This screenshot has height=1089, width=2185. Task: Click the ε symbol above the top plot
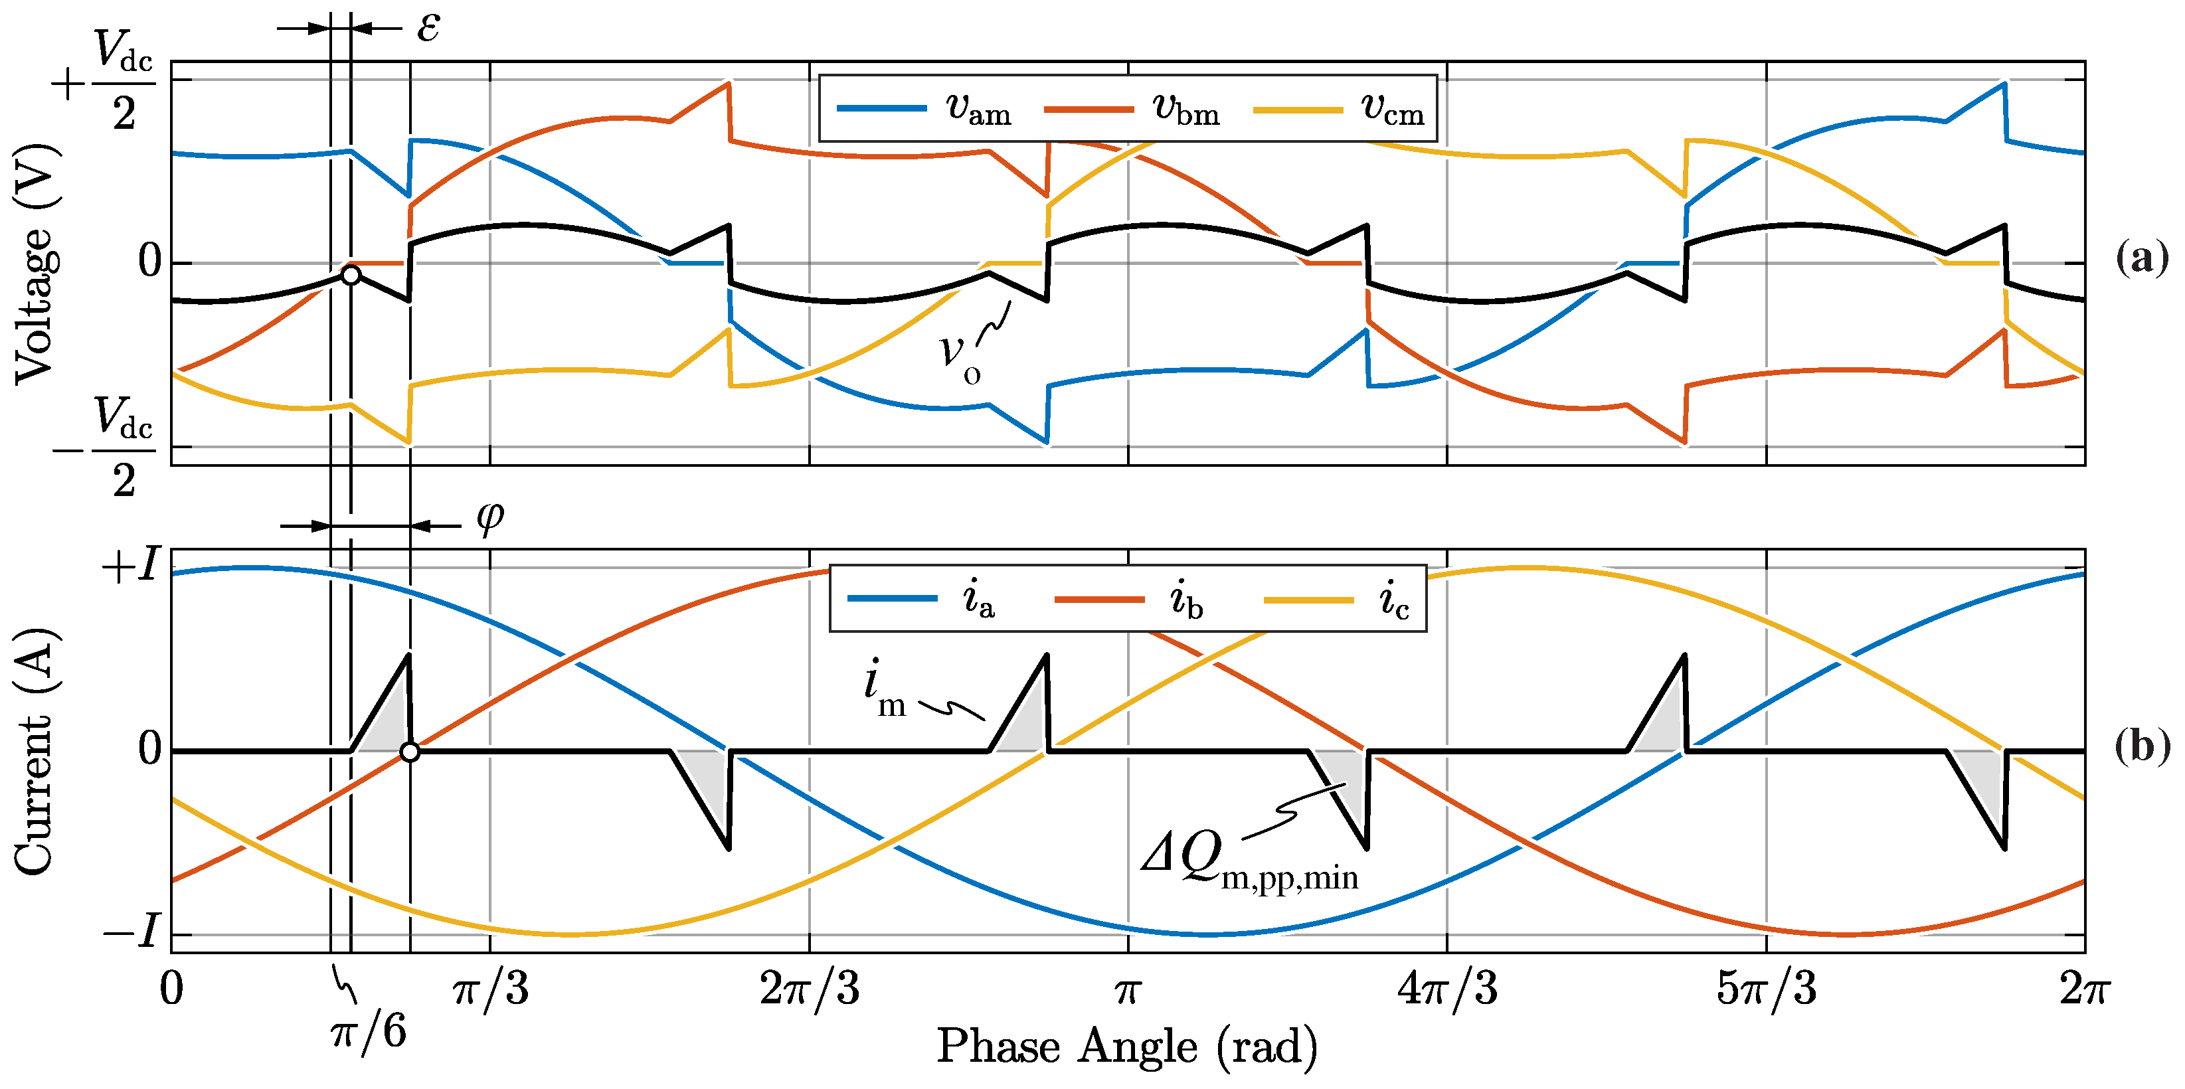coord(428,28)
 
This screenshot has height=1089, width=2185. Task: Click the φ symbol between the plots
coord(489,516)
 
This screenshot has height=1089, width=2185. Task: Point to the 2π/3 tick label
coord(809,989)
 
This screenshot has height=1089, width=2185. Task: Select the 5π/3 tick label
coord(1767,989)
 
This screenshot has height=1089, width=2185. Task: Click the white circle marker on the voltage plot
coord(350,275)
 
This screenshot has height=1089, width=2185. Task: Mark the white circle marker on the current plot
coord(410,752)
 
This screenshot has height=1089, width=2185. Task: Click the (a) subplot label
coord(2141,257)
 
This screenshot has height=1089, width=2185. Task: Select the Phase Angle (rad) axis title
coord(1127,1047)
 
